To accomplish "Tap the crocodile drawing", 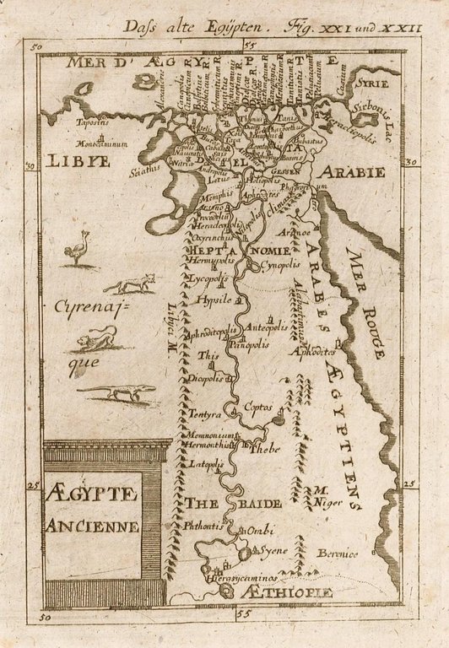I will coord(120,391).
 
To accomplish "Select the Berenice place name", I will coord(338,553).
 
